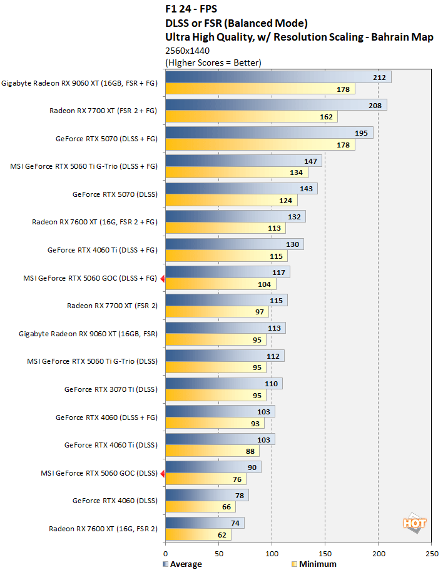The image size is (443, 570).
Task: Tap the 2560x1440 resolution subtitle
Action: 187,51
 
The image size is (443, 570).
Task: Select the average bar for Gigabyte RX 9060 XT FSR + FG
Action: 278,77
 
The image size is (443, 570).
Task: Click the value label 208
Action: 375,106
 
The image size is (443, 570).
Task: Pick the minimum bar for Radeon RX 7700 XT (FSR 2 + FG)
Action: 251,116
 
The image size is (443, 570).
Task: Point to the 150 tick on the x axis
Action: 325,553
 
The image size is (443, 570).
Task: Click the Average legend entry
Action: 182,564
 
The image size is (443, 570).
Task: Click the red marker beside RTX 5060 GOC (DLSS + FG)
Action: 162,279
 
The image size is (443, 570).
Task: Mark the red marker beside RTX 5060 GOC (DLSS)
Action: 162,474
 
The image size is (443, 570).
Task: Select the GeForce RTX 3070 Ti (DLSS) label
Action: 111,389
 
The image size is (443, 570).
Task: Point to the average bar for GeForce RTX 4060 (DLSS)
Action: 206,495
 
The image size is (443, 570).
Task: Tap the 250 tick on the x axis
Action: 431,553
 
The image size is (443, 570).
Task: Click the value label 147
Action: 311,161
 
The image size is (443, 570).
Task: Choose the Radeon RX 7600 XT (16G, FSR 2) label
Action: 103,529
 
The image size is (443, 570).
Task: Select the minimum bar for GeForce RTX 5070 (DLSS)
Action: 231,200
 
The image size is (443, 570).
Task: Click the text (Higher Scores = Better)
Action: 213,62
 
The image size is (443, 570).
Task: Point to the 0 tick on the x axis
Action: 165,553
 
